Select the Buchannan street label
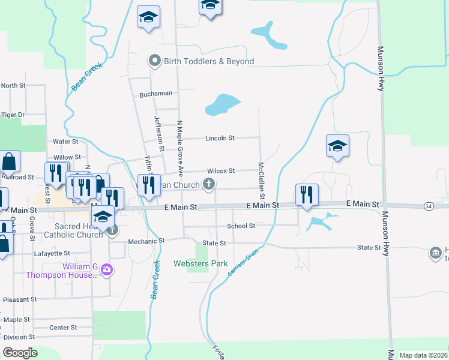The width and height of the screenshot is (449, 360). [x=155, y=94]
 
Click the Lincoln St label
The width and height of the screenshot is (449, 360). [x=220, y=138]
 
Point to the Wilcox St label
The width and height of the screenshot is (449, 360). [x=220, y=171]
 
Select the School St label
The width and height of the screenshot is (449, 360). [x=241, y=226]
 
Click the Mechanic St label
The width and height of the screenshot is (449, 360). [x=146, y=241]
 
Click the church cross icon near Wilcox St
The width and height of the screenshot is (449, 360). [x=208, y=184]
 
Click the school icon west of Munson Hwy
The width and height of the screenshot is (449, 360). [x=337, y=145]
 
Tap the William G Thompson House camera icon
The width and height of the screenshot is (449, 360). [x=107, y=269]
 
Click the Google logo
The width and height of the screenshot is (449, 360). [x=20, y=353]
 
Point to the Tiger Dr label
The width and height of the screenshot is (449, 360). [x=13, y=115]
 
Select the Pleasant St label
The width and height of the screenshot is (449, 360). [x=20, y=299]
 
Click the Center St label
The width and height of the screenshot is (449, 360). [x=63, y=328]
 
